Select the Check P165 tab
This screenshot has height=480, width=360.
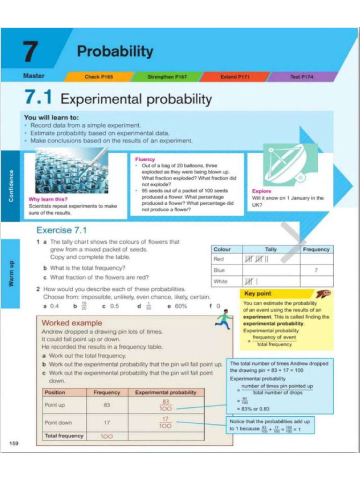point(98,76)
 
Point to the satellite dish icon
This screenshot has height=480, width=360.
point(284,165)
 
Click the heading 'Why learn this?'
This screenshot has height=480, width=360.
point(48,199)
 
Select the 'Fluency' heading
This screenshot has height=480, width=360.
point(145,159)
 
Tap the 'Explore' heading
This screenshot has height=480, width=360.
point(262,191)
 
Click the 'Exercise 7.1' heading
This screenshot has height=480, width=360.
point(61,230)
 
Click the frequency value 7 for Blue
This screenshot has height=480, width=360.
point(316,270)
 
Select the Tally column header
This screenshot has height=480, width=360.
point(270,249)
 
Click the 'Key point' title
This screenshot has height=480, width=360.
point(258,294)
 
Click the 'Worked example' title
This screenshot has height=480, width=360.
point(72,323)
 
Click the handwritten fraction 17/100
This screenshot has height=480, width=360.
point(165,422)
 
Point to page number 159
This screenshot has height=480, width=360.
point(14,443)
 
